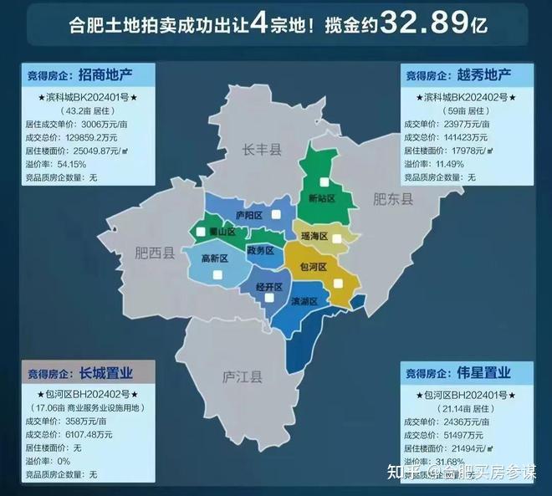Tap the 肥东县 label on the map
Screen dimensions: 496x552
pos(393,199)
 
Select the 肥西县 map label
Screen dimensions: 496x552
pos(156,253)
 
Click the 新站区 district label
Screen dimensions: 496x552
pos(322,198)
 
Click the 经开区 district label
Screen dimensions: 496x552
pos(256,285)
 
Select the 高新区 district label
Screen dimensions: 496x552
pos(215,258)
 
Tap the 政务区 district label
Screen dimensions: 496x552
pos(260,249)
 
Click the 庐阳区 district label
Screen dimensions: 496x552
pos(248,215)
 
